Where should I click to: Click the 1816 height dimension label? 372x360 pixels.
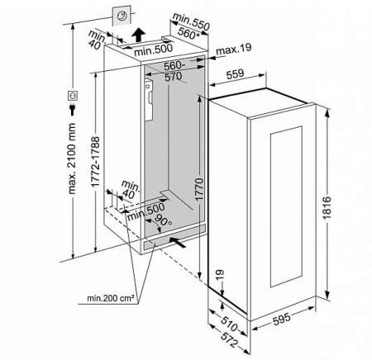[x=327, y=208]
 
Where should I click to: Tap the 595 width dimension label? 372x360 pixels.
[x=281, y=319]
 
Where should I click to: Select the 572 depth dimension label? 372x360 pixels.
[x=229, y=340]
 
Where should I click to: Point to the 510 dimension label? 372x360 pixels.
[x=229, y=324]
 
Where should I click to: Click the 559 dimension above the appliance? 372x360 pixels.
[x=236, y=74]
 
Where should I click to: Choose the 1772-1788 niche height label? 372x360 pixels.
[x=95, y=162]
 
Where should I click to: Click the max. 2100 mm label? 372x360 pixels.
[x=72, y=159]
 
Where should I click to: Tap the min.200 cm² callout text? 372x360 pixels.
[x=111, y=298]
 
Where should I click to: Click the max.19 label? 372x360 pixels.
[x=234, y=49]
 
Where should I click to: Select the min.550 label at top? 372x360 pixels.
[x=191, y=21]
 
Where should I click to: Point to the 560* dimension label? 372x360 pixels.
[x=188, y=34]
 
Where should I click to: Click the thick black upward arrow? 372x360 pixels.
[x=138, y=35]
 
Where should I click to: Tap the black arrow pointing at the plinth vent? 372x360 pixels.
[x=177, y=242]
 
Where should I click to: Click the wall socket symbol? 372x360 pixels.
[x=73, y=96]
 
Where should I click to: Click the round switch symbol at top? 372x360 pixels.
[x=122, y=16]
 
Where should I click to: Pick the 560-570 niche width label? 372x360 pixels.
[x=174, y=71]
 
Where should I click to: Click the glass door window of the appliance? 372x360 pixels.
[x=286, y=206]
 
